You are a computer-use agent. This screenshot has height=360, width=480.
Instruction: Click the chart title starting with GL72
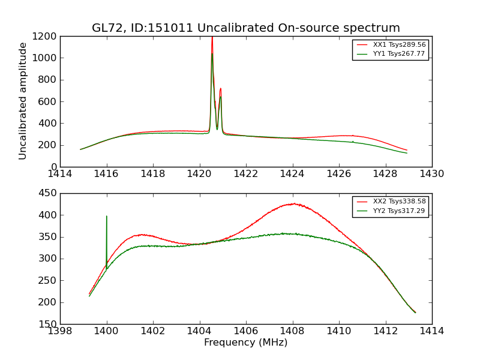pos(245,28)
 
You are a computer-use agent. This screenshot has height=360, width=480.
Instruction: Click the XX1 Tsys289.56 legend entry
pos(390,45)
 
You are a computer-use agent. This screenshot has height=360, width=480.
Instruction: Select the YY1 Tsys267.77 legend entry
pos(390,53)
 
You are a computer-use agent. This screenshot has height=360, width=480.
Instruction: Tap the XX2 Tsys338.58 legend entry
pos(390,202)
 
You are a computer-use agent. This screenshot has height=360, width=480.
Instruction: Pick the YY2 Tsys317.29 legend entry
pos(390,211)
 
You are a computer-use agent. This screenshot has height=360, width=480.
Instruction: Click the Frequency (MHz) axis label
pos(245,343)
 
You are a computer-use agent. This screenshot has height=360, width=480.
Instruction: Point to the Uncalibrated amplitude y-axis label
pos(23,101)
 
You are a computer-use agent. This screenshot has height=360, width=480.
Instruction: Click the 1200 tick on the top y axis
pos(46,36)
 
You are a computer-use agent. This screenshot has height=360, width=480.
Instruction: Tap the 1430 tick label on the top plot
pos(431,174)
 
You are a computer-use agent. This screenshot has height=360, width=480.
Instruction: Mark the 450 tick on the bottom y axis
pos(49,193)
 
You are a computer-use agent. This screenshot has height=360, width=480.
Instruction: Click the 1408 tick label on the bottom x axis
pos(292,331)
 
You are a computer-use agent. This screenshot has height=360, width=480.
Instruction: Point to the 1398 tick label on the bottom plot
pos(60,331)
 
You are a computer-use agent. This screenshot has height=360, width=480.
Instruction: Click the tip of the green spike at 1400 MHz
pos(107,216)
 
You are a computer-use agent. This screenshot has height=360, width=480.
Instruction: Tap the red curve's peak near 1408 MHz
pos(294,203)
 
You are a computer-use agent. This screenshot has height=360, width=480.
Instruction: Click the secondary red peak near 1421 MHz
pos(220,89)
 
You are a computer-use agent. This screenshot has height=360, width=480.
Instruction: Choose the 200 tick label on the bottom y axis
pos(49,302)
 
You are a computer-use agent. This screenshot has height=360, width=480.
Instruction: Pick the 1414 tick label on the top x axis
pos(60,174)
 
